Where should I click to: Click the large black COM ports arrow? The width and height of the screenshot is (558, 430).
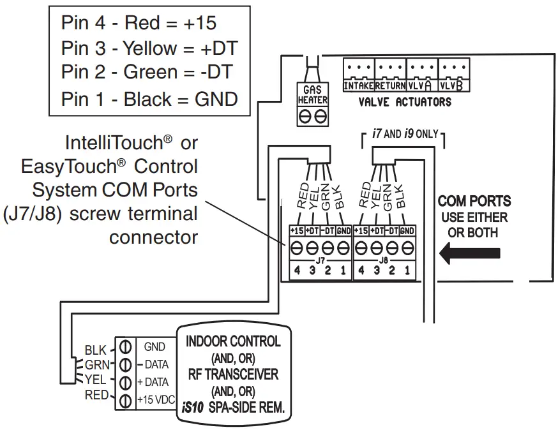(470, 253)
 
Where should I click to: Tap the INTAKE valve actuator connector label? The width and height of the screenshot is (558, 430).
(359, 85)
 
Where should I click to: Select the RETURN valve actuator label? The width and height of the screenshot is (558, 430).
(390, 85)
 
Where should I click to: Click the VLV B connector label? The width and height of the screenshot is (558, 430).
(452, 85)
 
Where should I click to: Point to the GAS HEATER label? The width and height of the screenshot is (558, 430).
(312, 95)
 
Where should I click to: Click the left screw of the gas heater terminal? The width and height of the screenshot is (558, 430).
(305, 116)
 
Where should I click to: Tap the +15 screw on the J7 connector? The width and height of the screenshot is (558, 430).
(296, 248)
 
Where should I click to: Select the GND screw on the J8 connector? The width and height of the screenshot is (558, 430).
(407, 248)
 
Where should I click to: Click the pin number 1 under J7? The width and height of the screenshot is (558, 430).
(343, 271)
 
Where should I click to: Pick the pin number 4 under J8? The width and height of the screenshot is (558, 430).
(361, 271)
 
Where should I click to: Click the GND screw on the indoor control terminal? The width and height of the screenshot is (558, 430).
(125, 346)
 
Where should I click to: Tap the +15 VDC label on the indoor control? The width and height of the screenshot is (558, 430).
(156, 400)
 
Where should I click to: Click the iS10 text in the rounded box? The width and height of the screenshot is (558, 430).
(192, 407)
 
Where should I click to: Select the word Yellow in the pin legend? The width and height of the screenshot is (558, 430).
(150, 48)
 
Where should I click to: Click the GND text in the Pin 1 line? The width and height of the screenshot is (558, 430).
(216, 99)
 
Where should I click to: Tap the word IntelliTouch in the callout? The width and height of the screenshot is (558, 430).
(114, 143)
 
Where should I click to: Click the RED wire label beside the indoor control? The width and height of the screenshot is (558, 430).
(96, 395)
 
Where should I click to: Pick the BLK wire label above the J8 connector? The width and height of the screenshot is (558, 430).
(399, 196)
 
